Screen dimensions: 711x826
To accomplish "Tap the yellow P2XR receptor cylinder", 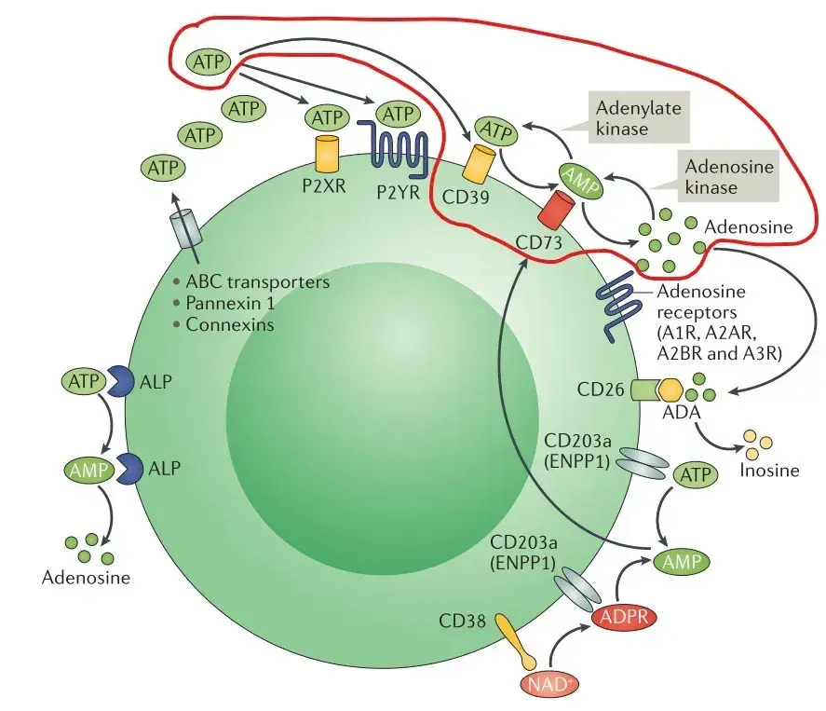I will (327, 151).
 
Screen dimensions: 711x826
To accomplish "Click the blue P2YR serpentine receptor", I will (399, 150).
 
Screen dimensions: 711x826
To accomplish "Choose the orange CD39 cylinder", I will (481, 164).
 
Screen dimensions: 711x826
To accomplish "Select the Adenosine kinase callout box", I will (724, 176).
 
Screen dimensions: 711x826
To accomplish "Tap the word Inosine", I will (769, 470).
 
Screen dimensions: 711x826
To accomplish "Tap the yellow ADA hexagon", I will (670, 389).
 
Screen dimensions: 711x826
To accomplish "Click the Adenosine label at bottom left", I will (86, 578).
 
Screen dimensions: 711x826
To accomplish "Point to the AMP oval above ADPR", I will (681, 562).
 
